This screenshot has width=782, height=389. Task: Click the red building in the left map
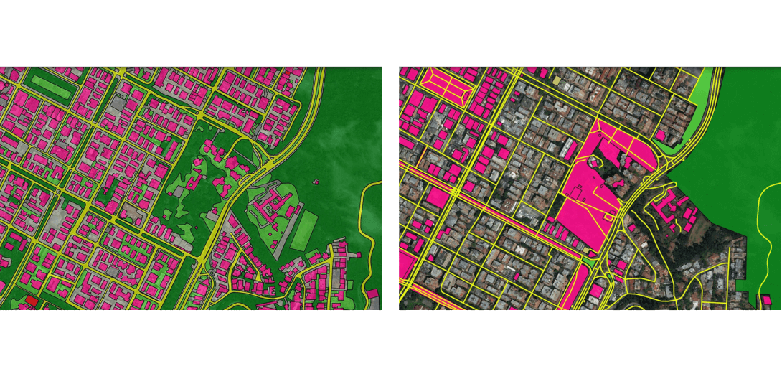click(x=30, y=301)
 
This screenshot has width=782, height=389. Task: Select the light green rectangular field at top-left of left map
click(x=51, y=87)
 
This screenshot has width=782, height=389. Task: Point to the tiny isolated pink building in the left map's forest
click(x=314, y=182)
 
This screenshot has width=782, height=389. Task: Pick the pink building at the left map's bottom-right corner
click(x=374, y=294)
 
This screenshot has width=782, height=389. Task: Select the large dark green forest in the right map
click(x=732, y=144)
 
